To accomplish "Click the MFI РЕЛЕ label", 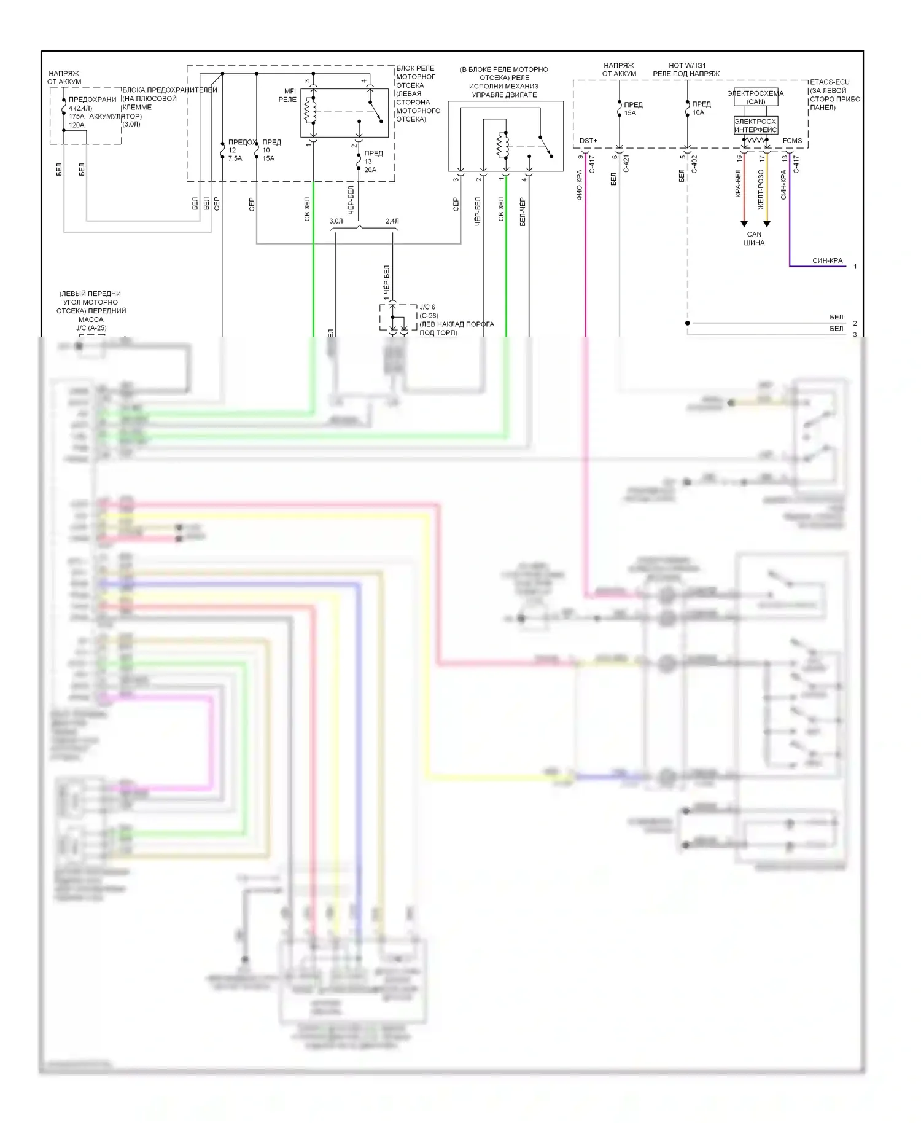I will point(287,95).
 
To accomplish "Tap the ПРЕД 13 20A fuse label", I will point(372,162).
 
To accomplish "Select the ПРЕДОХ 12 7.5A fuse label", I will point(240,150).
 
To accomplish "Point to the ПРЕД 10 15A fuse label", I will point(271,150).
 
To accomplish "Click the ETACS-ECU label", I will point(830,82).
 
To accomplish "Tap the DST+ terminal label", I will point(588,141).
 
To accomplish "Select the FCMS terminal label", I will point(792,141).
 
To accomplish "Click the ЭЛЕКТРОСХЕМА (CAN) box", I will point(755,98).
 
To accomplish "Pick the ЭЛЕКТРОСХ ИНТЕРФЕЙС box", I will point(755,125).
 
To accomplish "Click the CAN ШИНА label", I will point(754,238).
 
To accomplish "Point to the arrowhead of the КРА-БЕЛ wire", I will point(744,224).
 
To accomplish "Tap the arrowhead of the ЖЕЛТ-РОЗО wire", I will point(767,224).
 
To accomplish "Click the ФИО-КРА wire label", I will point(579,186).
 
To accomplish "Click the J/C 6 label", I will point(427,307).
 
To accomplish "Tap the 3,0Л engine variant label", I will point(336,221).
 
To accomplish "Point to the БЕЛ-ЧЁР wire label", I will point(523,211).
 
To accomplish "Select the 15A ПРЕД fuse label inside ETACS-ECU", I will point(632,109).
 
